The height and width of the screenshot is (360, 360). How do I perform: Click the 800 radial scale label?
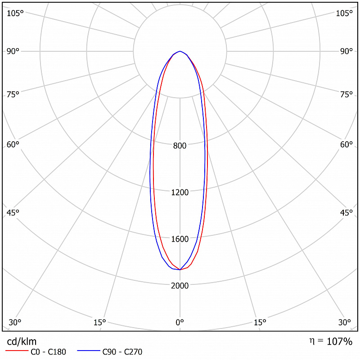click(x=180, y=145)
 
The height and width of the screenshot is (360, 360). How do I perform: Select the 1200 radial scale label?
click(x=180, y=193)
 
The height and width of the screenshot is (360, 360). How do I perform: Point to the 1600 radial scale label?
click(x=180, y=239)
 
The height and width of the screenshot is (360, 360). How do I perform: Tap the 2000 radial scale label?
click(x=180, y=286)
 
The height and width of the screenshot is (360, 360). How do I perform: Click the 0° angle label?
click(x=180, y=322)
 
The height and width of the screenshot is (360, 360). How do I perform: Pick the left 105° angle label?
click(x=15, y=13)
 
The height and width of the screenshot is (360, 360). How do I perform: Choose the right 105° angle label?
click(x=344, y=13)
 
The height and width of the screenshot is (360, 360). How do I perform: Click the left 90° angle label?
click(x=13, y=51)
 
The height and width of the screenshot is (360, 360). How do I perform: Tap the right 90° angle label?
click(x=346, y=51)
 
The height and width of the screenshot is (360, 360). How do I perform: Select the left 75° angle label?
click(x=13, y=94)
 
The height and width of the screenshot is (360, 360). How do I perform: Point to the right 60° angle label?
click(x=346, y=144)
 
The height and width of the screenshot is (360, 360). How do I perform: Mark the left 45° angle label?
click(x=13, y=213)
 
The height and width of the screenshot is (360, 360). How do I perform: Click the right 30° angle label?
click(x=344, y=322)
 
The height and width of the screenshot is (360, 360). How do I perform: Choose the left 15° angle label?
click(x=99, y=322)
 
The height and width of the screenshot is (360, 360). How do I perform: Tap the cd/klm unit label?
click(x=22, y=342)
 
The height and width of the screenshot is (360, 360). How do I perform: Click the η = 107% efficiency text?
click(x=331, y=342)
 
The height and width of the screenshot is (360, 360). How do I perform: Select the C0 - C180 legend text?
click(x=48, y=352)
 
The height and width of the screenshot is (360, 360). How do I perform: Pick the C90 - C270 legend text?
click(x=122, y=352)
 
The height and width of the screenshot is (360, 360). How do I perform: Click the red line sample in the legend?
click(x=17, y=351)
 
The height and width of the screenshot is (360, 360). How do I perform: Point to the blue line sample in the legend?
click(x=89, y=351)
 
